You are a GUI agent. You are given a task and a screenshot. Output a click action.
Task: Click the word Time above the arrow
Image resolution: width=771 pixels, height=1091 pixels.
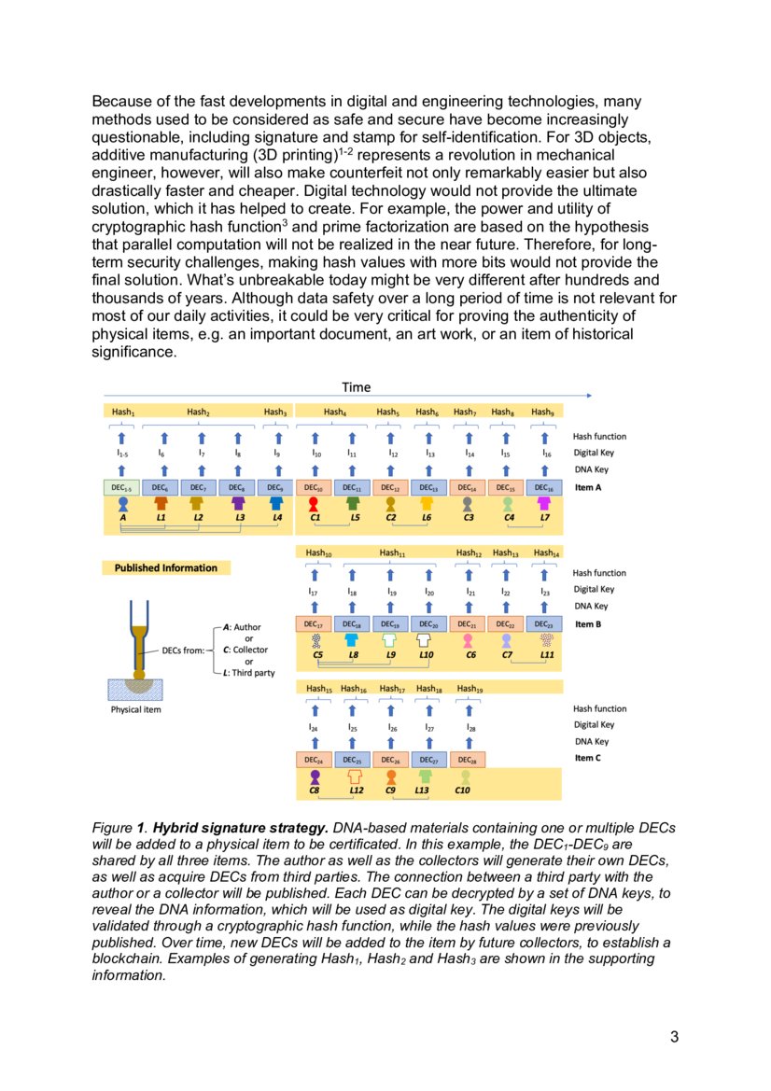click(x=356, y=387)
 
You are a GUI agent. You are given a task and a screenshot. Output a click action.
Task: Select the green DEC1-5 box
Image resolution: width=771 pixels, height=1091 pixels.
click(x=122, y=488)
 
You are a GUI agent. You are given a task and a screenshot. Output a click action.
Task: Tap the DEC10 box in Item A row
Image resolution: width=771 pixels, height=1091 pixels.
click(x=314, y=488)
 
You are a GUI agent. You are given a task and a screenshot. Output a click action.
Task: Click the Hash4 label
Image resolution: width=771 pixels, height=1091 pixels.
click(x=334, y=412)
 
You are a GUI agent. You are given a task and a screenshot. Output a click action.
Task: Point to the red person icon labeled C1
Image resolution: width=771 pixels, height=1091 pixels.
click(x=314, y=503)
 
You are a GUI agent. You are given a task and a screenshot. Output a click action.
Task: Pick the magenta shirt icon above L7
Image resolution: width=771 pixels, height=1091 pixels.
click(x=544, y=503)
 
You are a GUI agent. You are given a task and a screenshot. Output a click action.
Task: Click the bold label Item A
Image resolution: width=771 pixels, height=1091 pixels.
click(x=589, y=487)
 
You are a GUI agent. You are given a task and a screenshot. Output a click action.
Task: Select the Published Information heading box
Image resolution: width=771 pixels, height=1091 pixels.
click(x=165, y=567)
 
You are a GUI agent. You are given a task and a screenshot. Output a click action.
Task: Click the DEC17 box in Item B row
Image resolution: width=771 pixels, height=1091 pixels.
click(x=314, y=624)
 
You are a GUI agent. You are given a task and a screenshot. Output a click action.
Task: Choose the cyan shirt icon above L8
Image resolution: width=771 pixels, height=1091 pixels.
click(x=352, y=640)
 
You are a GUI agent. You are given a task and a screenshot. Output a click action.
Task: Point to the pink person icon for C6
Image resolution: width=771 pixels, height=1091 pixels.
click(x=468, y=640)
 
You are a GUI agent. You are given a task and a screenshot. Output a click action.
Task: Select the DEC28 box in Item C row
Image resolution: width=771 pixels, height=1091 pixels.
click(x=467, y=760)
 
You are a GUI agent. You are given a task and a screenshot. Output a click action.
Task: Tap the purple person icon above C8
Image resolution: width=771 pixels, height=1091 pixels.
click(x=315, y=776)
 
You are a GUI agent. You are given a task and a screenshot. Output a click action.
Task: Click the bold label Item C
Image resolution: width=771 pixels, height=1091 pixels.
click(x=588, y=758)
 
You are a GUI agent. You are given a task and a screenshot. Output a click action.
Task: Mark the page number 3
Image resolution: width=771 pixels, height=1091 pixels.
click(x=674, y=1037)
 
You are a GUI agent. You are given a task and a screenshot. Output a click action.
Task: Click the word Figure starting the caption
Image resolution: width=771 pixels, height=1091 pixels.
click(x=112, y=829)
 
